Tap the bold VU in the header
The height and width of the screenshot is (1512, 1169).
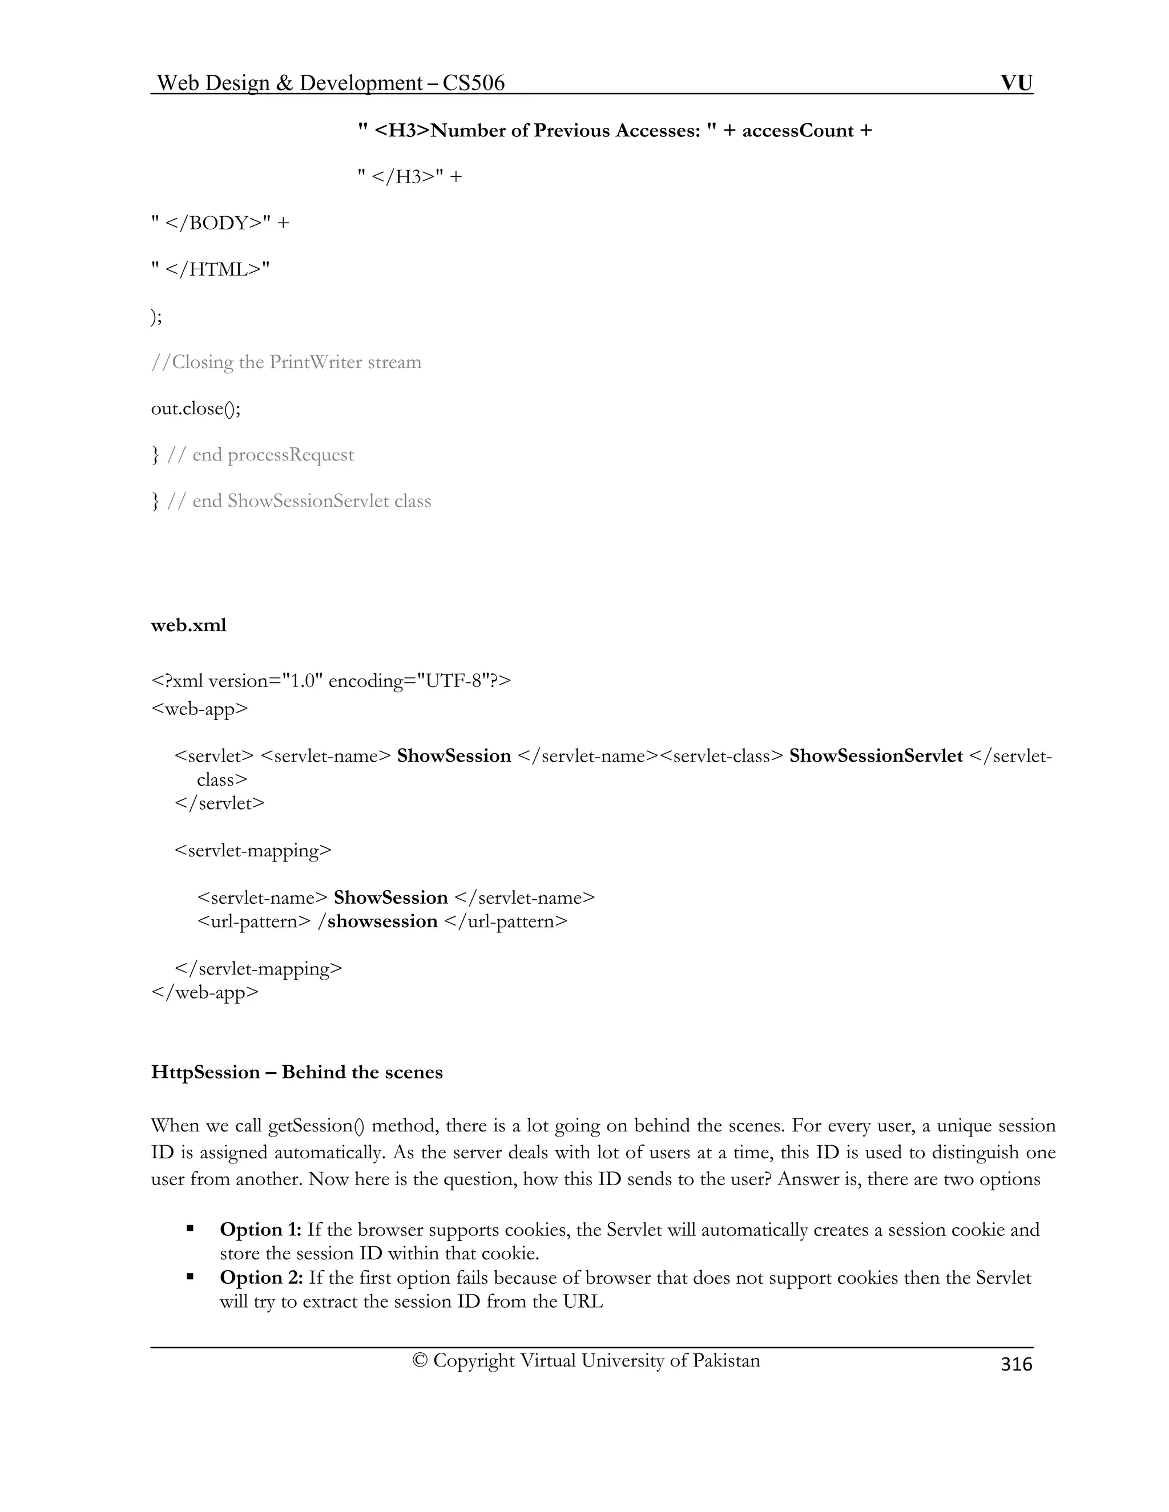tap(1016, 83)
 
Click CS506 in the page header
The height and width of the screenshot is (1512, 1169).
tap(474, 83)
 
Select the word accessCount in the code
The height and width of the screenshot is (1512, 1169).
tap(798, 131)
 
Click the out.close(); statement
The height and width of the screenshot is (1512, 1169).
tap(196, 409)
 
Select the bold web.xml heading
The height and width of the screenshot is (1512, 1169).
tap(188, 625)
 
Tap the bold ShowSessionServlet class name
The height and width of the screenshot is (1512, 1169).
tap(876, 756)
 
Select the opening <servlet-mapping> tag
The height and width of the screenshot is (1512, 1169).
tap(253, 850)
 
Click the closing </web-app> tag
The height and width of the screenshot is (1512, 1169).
tap(204, 992)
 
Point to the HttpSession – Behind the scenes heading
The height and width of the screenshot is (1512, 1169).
tap(296, 1073)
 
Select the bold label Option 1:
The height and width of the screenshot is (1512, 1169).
tap(260, 1230)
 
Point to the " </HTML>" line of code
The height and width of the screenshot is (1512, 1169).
tap(211, 269)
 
